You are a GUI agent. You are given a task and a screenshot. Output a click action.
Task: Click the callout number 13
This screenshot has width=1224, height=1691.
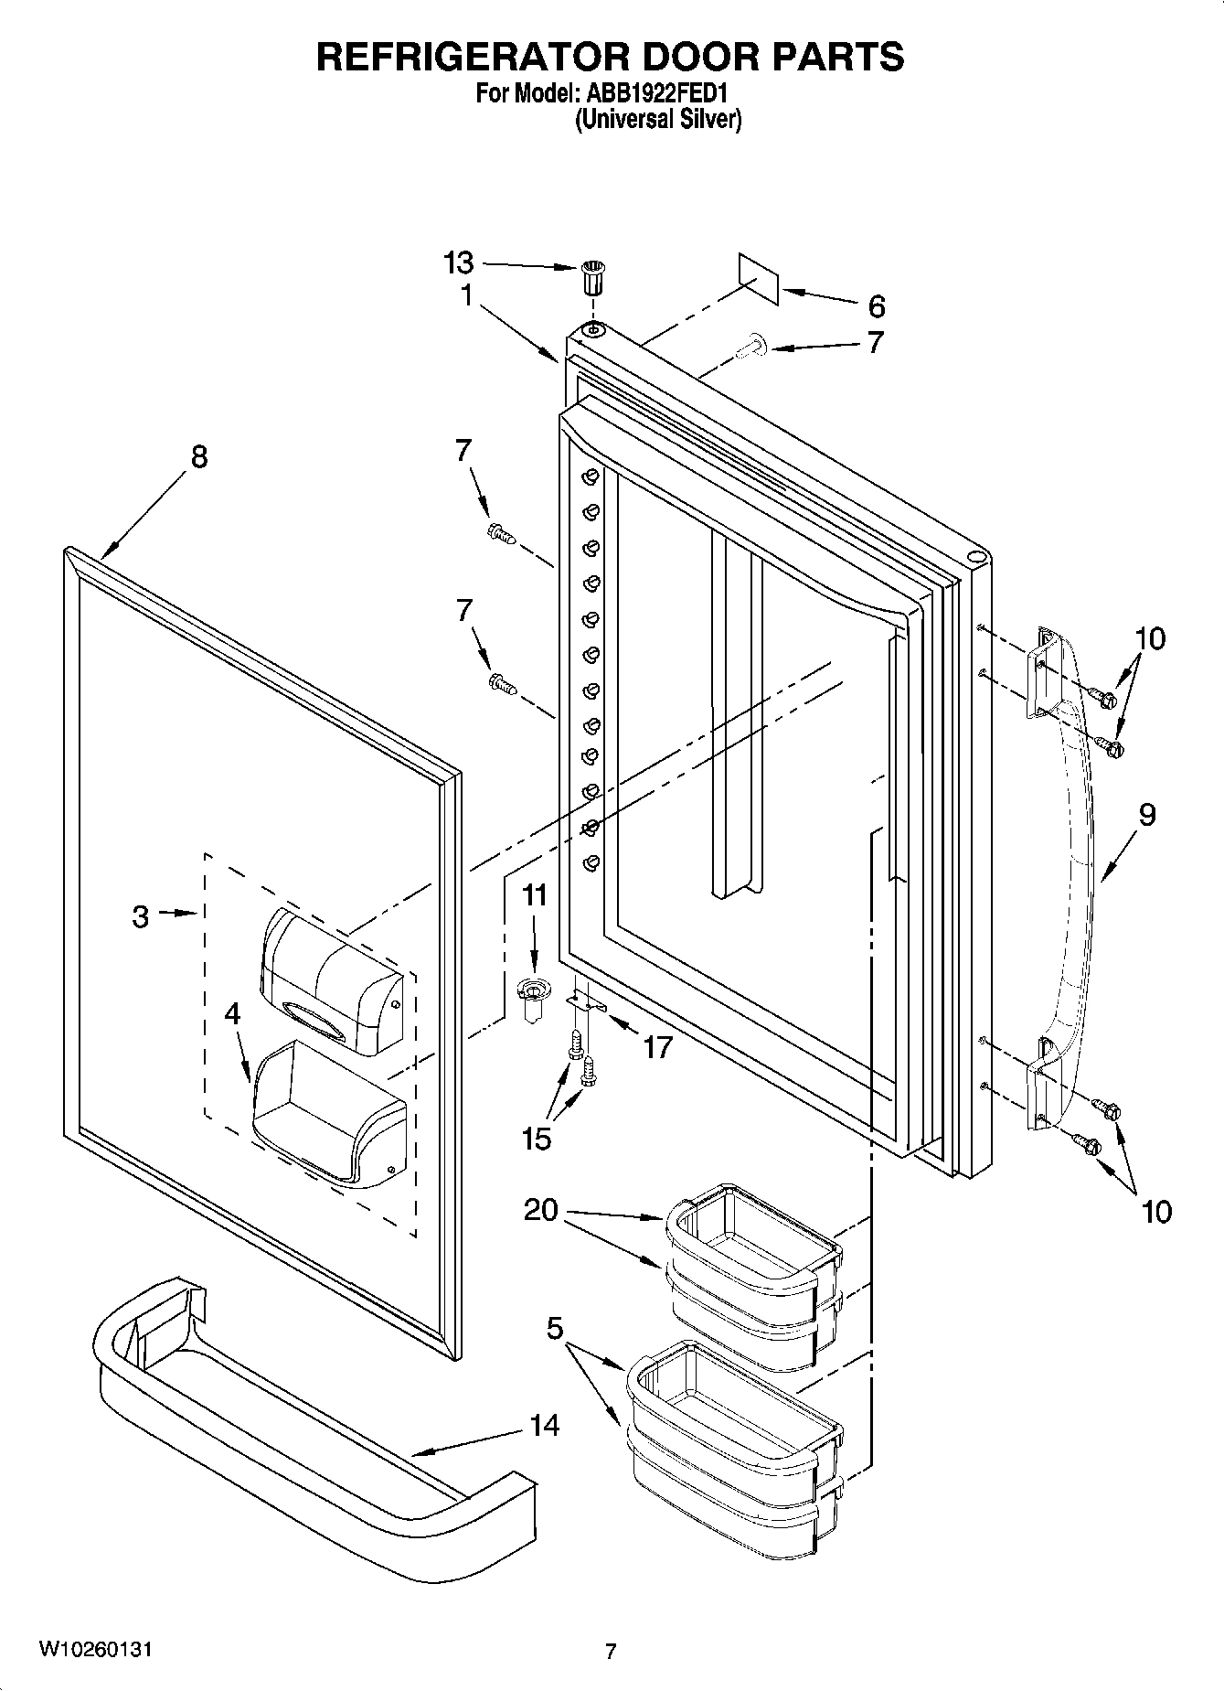click(x=458, y=263)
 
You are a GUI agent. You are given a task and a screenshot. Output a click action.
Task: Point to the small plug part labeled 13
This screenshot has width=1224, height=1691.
click(x=593, y=277)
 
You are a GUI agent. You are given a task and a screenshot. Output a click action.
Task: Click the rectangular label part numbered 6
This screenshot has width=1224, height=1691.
click(x=759, y=279)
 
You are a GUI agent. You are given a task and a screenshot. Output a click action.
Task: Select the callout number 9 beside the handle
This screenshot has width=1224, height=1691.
click(x=1147, y=814)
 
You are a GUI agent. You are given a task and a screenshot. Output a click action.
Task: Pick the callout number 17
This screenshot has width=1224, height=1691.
click(x=657, y=1047)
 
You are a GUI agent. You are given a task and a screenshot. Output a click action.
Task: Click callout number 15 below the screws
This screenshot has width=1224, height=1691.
click(x=537, y=1139)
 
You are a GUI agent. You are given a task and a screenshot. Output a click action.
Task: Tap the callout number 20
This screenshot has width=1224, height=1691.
click(x=541, y=1210)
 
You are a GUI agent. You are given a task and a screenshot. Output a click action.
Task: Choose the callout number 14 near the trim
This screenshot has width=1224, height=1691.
click(x=545, y=1425)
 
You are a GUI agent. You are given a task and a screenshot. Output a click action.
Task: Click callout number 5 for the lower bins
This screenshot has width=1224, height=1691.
click(x=555, y=1328)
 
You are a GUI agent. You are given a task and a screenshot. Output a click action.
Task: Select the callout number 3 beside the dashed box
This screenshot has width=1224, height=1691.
click(x=140, y=916)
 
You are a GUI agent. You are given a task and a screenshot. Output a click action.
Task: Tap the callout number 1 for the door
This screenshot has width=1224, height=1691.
click(x=466, y=295)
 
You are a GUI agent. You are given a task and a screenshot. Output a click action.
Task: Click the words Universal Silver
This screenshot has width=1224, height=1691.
click(x=657, y=119)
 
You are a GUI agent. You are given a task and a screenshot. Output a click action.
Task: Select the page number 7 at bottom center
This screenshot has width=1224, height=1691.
click(x=611, y=1651)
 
